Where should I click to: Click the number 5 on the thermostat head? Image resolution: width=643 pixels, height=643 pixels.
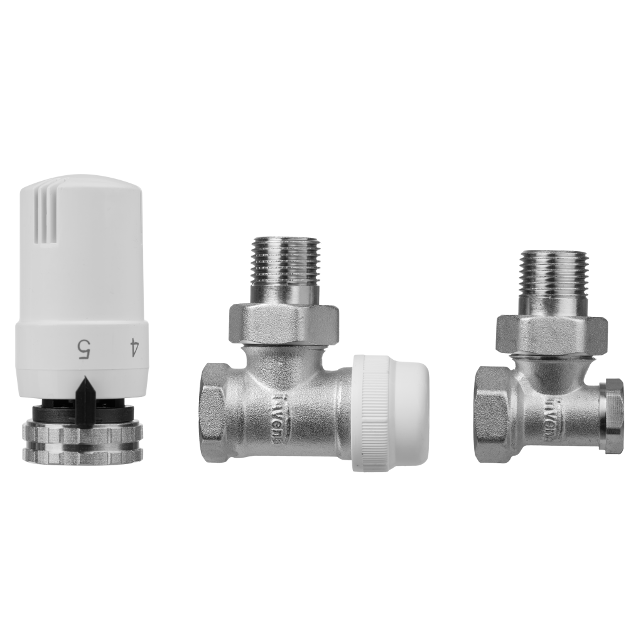(x=83, y=348)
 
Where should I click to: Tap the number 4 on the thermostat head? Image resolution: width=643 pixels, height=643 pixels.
(x=132, y=348)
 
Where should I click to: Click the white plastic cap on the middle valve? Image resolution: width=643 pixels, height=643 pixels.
(x=390, y=413)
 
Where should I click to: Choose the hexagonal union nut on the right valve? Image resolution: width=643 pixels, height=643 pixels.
(x=551, y=333)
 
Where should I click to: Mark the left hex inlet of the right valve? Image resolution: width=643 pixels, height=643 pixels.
(x=492, y=414)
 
